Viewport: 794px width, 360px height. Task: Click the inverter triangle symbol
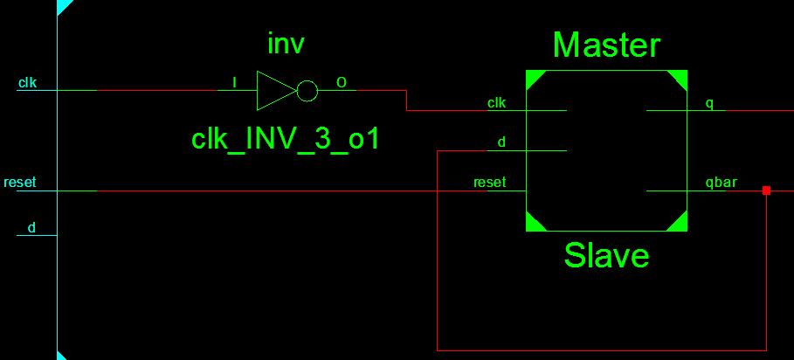click(275, 91)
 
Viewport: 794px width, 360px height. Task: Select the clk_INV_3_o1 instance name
click(285, 138)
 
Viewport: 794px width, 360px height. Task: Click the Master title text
click(606, 45)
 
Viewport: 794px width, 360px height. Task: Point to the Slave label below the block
click(606, 255)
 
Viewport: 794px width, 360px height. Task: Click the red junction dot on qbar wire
click(766, 190)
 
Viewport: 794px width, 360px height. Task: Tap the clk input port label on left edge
click(27, 83)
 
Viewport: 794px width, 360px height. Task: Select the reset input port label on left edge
click(20, 183)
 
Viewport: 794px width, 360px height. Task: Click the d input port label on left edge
click(31, 228)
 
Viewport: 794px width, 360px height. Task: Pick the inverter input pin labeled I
click(233, 83)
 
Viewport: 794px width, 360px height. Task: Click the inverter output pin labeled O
click(341, 83)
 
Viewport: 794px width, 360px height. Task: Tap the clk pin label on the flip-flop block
click(496, 103)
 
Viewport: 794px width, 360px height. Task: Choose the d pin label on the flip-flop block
click(501, 142)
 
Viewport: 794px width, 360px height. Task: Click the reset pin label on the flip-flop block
click(489, 183)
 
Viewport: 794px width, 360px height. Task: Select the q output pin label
click(709, 103)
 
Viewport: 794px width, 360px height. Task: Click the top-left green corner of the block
click(534, 79)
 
